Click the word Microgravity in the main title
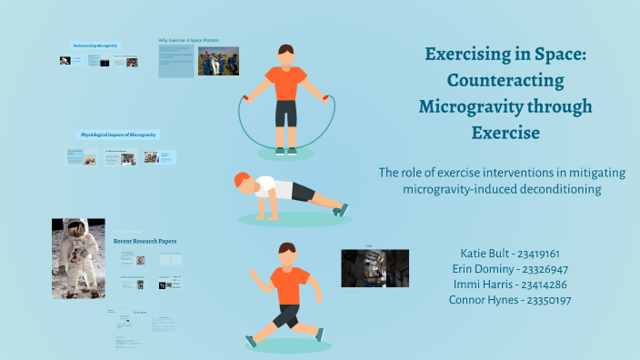[x=463, y=107]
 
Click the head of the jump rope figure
[x=286, y=55]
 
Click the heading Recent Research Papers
[x=145, y=241]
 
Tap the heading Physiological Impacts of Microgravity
[x=119, y=135]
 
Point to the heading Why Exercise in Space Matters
[x=188, y=40]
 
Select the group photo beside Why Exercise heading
[x=218, y=61]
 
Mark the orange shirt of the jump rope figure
[x=286, y=84]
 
